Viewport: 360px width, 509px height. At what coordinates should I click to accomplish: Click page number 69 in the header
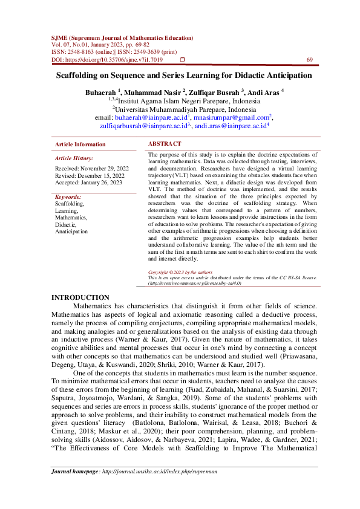coord(310,60)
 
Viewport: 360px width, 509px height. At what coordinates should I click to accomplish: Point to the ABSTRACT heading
coord(165,144)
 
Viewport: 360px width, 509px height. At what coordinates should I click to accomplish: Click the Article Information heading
coord(80,144)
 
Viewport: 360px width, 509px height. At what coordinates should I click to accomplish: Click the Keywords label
coord(68,197)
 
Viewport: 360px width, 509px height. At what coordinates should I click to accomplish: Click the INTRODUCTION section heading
coord(80,297)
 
